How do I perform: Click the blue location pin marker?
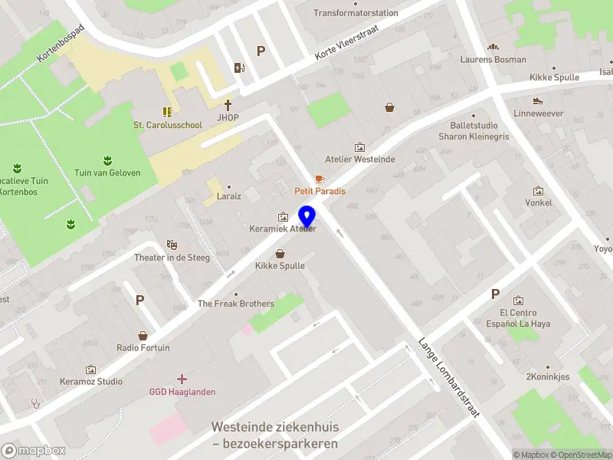point(307,217)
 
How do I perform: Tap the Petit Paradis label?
point(320,191)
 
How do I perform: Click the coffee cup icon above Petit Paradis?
point(320,178)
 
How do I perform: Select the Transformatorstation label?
point(356,13)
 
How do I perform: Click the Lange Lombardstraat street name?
point(448,377)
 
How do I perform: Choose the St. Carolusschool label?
point(168,125)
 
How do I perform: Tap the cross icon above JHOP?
point(228,105)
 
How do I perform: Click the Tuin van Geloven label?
point(107,172)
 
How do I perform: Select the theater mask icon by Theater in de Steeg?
point(172,244)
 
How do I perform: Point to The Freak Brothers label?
point(236,304)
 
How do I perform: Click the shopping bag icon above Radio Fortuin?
point(143,335)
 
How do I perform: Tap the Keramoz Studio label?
point(91,381)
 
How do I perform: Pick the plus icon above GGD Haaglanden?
point(182,379)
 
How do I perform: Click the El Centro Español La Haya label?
point(518,318)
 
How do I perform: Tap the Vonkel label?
point(538,203)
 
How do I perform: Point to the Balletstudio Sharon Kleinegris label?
point(474,130)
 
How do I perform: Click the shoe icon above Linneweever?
point(538,100)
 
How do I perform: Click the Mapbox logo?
point(33,451)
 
